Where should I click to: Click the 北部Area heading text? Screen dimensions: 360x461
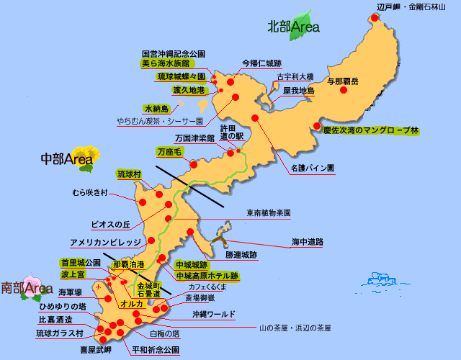292,28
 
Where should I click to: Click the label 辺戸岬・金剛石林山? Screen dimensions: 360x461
406,6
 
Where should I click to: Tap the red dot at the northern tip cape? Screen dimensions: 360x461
373,18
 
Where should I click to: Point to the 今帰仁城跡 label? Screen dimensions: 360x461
261,63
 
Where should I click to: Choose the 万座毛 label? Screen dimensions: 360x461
170,152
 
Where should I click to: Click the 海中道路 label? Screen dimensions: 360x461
308,241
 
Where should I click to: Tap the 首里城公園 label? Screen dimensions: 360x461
81,263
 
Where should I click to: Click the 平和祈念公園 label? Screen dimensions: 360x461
156,350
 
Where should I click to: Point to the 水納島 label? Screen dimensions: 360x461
156,108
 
